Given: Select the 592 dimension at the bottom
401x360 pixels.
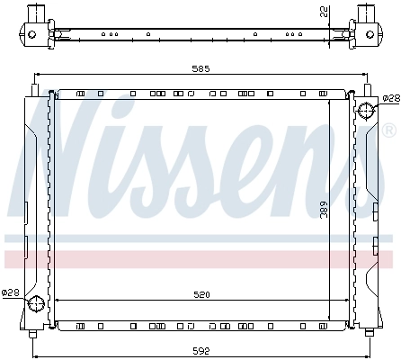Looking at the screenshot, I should coord(200,351).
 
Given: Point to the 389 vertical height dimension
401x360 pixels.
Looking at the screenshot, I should coord(325,211).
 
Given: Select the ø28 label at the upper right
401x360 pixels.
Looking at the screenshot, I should coord(390,98).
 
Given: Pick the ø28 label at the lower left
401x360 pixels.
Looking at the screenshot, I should coord(10,292).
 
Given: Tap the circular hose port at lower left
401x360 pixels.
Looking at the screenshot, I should coord(35,304).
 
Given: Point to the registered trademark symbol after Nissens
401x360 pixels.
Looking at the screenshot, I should coord(388,131).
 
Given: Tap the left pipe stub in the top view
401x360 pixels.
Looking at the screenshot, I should coord(36,13).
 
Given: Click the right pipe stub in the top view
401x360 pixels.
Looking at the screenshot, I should coord(366,13).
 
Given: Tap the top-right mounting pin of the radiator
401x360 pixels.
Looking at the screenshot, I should coord(367,88).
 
